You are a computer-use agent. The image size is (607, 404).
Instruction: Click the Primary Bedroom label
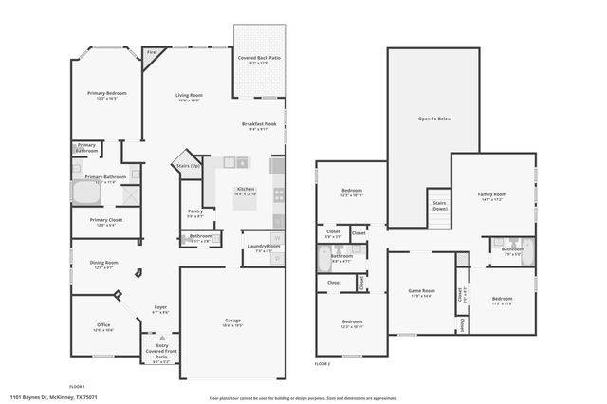point(107,93)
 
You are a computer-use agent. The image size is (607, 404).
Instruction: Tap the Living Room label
point(189,95)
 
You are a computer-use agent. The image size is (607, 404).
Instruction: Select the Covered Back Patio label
point(258,58)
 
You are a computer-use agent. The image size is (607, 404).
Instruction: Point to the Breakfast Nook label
point(259,124)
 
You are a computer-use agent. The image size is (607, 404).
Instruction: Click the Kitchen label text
point(246,190)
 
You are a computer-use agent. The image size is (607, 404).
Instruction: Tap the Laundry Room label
point(265,247)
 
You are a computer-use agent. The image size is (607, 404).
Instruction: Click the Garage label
point(232,321)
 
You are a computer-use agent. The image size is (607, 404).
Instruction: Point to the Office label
point(103,325)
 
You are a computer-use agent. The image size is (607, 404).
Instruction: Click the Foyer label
point(161,307)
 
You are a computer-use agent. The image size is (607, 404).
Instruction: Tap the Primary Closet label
point(104,221)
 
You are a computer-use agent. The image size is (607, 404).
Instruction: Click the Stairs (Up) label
point(187,166)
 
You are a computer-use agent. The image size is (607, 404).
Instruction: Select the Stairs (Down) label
point(439,205)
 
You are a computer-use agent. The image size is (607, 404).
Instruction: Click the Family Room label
point(491,194)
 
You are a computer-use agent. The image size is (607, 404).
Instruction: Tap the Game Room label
point(421,291)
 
